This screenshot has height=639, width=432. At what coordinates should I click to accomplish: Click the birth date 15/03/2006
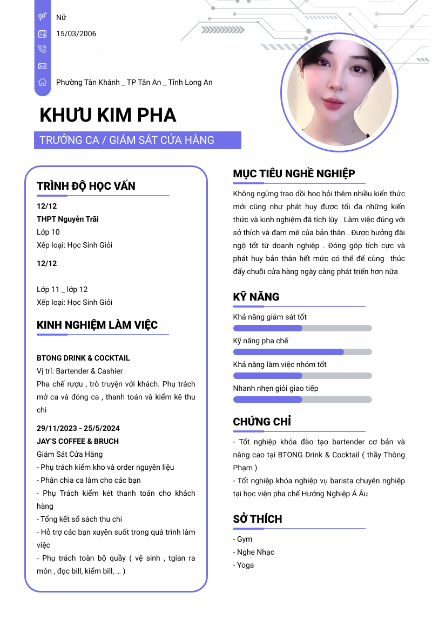pyautogui.click(x=76, y=34)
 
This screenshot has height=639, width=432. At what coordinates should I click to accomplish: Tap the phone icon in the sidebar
pyautogui.click(x=43, y=49)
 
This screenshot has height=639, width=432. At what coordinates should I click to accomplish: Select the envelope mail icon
pyautogui.click(x=43, y=66)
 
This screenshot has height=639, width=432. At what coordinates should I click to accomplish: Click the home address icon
pyautogui.click(x=43, y=82)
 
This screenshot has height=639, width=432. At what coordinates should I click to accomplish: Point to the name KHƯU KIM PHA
pyautogui.click(x=108, y=115)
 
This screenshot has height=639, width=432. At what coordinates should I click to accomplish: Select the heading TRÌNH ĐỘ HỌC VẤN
pyautogui.click(x=86, y=186)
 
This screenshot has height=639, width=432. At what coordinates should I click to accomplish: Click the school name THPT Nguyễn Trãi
pyautogui.click(x=67, y=219)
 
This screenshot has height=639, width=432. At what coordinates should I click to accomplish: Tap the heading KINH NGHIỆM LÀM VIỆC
pyautogui.click(x=97, y=325)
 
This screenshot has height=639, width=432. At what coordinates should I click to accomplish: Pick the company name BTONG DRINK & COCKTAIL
pyautogui.click(x=83, y=358)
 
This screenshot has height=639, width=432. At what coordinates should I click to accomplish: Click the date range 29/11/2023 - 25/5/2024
pyautogui.click(x=78, y=428)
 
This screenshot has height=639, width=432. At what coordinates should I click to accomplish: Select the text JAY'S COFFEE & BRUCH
pyautogui.click(x=78, y=441)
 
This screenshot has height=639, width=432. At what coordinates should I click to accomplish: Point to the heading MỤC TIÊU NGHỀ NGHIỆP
pyautogui.click(x=294, y=174)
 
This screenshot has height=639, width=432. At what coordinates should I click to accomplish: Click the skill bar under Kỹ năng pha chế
pyautogui.click(x=302, y=352)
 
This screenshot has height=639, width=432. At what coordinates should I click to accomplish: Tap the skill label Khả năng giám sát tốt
pyautogui.click(x=270, y=317)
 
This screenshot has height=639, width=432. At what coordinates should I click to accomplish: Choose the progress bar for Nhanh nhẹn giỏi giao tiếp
pyautogui.click(x=302, y=400)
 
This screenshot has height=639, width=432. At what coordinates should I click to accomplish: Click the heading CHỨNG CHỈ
pyautogui.click(x=262, y=422)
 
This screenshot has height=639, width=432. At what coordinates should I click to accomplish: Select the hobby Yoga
pyautogui.click(x=245, y=565)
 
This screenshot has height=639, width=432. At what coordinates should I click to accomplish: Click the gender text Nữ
pyautogui.click(x=61, y=17)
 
